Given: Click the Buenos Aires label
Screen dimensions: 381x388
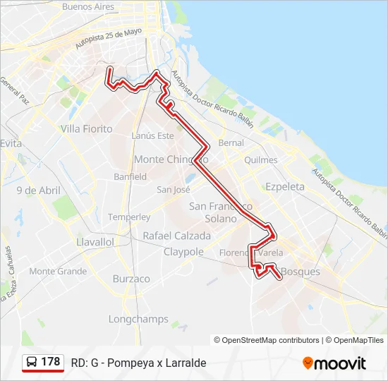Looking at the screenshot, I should [x=88, y=6].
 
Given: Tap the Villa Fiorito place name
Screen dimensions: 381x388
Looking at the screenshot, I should [x=87, y=128].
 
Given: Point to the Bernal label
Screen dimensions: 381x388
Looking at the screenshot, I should [x=231, y=143].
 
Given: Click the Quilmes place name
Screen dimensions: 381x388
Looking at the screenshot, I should [x=260, y=159].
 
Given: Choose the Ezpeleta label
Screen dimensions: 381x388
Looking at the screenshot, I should [x=284, y=186].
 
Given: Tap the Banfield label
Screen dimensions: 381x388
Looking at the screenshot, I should [x=130, y=176].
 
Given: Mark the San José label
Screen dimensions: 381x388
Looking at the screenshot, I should [x=174, y=189].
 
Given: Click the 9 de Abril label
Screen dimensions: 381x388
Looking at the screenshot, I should [x=39, y=190].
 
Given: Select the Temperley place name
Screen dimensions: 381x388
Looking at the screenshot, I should [x=129, y=217].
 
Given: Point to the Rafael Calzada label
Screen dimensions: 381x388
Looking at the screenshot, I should [x=176, y=236].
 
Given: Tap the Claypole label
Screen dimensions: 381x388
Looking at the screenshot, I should [x=183, y=252].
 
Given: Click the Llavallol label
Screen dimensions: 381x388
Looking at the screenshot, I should [x=95, y=241].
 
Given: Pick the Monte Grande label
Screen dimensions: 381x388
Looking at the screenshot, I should [x=58, y=271].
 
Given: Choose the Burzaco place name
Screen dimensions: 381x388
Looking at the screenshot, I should [x=131, y=279].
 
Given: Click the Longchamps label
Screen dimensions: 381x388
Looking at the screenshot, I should [x=139, y=319].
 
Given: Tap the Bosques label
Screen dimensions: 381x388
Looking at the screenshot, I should [x=301, y=272].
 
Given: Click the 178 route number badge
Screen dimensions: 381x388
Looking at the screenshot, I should [x=43, y=363].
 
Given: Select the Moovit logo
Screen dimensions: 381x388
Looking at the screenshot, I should [x=334, y=363].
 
